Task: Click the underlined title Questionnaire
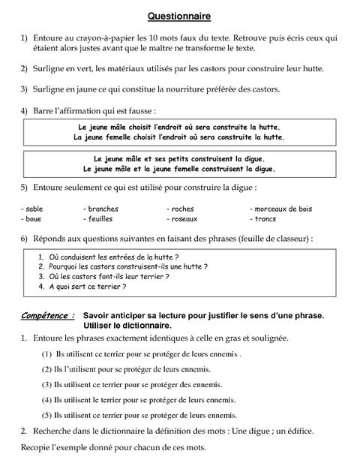(x=178, y=15)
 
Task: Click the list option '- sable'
(x=32, y=209)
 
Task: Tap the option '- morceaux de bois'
(x=280, y=209)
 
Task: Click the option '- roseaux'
(x=182, y=219)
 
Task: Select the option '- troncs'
(x=262, y=219)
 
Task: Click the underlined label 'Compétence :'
(x=48, y=316)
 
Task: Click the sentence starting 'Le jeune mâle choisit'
(x=179, y=128)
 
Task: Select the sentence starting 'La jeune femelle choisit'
(x=179, y=138)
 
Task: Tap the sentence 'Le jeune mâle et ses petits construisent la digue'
(x=179, y=159)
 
